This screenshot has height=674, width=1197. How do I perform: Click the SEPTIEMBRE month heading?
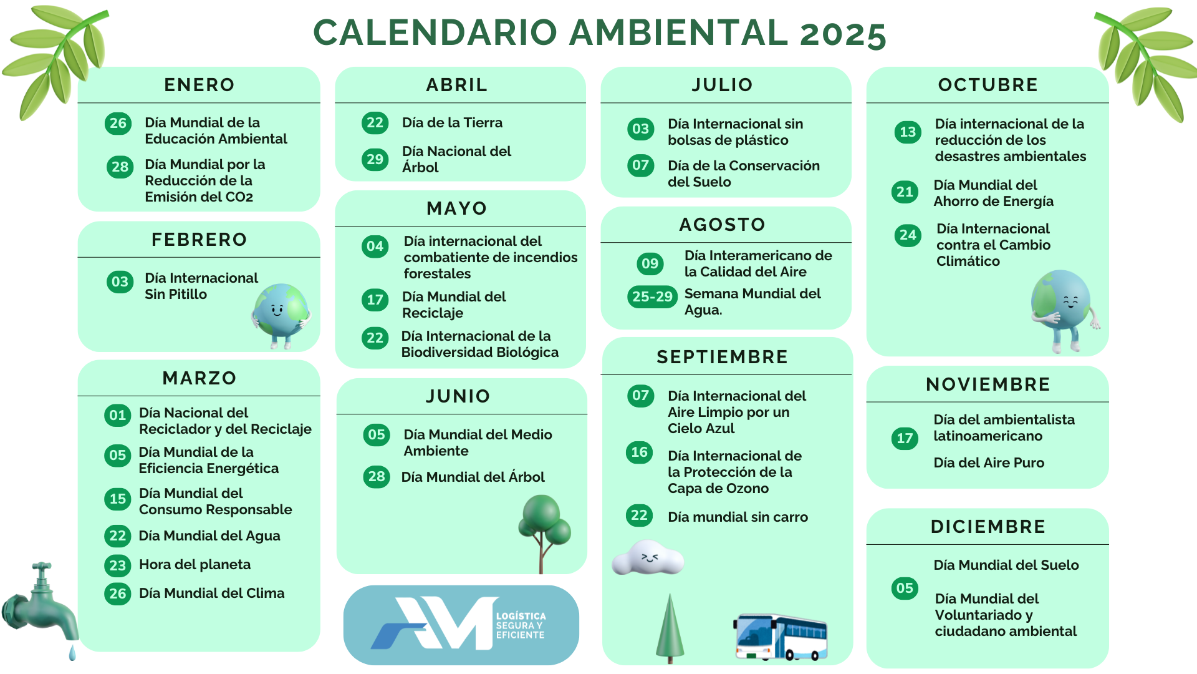722,357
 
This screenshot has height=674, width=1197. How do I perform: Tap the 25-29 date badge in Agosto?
652,296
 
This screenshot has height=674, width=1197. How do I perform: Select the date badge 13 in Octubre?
908,132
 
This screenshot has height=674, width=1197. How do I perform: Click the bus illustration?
781,637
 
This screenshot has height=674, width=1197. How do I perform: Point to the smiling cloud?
648,557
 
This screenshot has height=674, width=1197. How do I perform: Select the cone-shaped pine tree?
670,627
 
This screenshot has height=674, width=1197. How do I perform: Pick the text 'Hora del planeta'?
195,565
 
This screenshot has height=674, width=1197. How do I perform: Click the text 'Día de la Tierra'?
452,123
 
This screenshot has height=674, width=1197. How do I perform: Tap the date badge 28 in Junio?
377,477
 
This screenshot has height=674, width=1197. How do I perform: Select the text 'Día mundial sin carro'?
738,517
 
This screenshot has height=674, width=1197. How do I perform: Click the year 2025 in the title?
843,34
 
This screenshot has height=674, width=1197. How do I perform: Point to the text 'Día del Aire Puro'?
989,462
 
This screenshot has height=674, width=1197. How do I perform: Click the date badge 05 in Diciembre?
905,588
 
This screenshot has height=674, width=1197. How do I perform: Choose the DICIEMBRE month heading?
988,527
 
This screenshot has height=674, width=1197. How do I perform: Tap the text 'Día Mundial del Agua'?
209,536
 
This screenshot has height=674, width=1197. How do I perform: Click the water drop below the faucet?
72,653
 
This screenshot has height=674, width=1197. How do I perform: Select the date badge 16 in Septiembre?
640,452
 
